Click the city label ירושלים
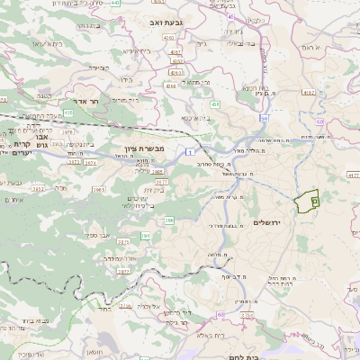click(268, 222)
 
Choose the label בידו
click(126, 80)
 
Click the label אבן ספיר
click(99, 235)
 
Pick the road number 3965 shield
click(99, 190)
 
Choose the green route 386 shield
click(168, 220)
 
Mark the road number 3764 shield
click(89, 162)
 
